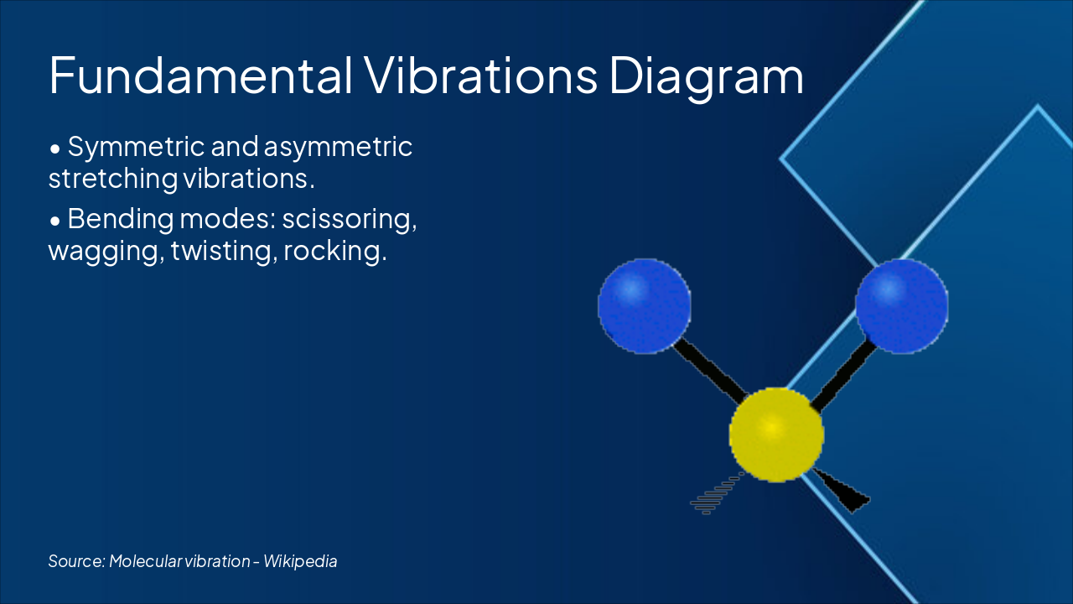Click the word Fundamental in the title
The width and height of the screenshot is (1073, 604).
tap(201, 75)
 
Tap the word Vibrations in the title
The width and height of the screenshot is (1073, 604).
tap(481, 75)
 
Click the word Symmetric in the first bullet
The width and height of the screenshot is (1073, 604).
tap(136, 147)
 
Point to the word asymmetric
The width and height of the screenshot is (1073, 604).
tap(338, 147)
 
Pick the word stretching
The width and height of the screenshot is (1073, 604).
tap(113, 180)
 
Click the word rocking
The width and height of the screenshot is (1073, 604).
tap(334, 250)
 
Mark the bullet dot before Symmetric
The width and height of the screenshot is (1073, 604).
tap(55, 149)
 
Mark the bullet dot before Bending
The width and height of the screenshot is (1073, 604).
tap(55, 221)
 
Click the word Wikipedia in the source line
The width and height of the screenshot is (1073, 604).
tap(300, 561)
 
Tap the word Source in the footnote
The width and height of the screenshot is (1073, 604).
tap(76, 561)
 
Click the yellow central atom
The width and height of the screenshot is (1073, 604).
tap(776, 435)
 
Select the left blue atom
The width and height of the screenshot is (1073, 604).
tap(645, 306)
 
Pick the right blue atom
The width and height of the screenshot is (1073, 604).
tap(901, 306)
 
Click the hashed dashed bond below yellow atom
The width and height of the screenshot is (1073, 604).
tap(717, 494)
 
